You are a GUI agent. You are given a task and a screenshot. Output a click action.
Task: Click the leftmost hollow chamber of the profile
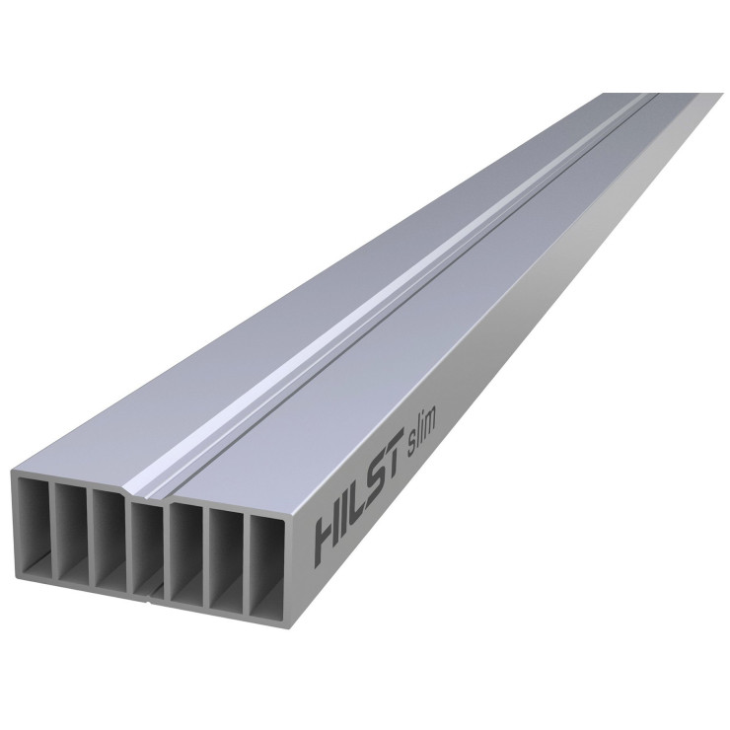click(x=34, y=527)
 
